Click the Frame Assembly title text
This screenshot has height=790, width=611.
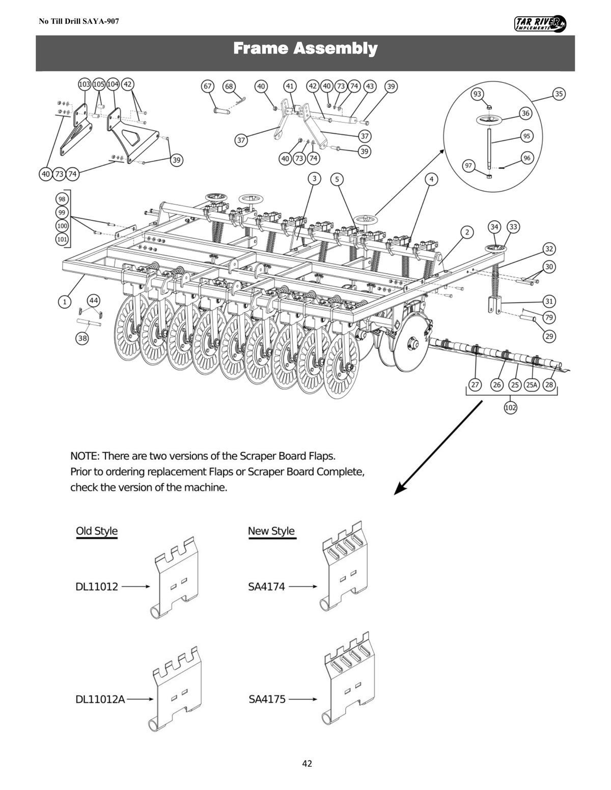[305, 49]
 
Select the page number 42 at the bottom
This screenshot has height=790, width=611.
[307, 763]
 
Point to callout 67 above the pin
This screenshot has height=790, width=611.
[207, 86]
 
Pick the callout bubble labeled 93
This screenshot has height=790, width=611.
[478, 94]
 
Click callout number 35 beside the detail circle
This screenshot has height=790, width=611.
[559, 94]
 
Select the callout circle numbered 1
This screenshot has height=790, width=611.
[64, 302]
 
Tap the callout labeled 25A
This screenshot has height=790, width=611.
[532, 385]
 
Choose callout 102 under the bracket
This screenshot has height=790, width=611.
[510, 407]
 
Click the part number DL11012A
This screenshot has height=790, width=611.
[100, 699]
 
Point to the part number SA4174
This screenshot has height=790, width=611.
[266, 587]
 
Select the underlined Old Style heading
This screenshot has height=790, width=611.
[97, 531]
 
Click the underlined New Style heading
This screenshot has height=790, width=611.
[271, 531]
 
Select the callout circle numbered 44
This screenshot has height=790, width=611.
[94, 300]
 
